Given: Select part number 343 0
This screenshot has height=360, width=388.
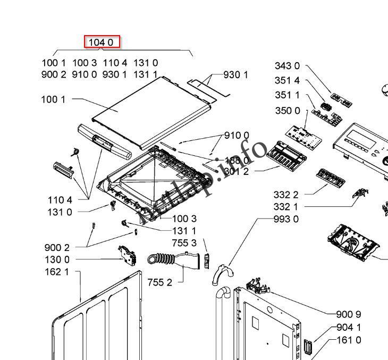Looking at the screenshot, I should tap(287, 66).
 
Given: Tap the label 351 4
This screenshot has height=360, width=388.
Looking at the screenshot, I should tap(287, 81).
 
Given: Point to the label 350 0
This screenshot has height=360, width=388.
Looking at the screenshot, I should tap(287, 111).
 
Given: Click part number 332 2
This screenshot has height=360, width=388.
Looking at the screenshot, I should tap(286, 195).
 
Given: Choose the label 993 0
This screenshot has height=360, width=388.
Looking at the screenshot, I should tap(286, 219).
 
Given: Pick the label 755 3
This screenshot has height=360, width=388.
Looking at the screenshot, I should tap(184, 243).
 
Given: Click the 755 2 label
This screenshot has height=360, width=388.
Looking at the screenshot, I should tap(160, 282).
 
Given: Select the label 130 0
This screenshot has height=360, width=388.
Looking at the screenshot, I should tap(57, 259).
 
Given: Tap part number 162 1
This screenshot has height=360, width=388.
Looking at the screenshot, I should tap(57, 272).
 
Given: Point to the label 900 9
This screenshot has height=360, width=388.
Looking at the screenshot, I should tap(349, 314).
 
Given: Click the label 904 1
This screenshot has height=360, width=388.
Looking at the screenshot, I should tap(349, 328).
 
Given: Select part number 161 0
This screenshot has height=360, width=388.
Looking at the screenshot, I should tap(349, 340).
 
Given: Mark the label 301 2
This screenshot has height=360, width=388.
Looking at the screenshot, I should tap(236, 171).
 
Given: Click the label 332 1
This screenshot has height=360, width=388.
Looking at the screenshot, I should tap(286, 207).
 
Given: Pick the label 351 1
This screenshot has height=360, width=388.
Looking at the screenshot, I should tap(287, 95).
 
